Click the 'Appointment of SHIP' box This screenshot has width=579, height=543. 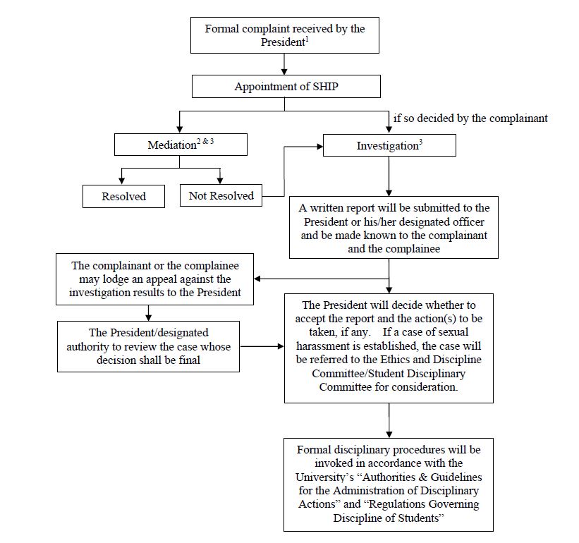[286, 86]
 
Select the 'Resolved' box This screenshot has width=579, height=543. [123, 196]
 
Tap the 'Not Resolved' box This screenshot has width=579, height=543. [221, 195]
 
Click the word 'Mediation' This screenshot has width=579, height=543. [172, 145]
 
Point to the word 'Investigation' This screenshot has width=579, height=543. [387, 146]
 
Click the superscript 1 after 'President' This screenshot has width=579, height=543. [307, 39]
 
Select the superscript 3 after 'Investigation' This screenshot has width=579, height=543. [420, 142]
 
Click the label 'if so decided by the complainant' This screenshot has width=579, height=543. [470, 118]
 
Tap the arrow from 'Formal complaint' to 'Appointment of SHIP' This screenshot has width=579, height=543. [284, 64]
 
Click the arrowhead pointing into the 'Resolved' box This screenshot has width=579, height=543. [121, 181]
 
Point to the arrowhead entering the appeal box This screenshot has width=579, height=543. [257, 279]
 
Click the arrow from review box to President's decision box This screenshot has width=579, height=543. [262, 346]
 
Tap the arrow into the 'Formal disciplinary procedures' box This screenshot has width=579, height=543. [389, 420]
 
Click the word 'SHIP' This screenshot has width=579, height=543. [325, 86]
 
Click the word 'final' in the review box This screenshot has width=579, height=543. [190, 360]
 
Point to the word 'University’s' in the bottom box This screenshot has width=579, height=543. [324, 477]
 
